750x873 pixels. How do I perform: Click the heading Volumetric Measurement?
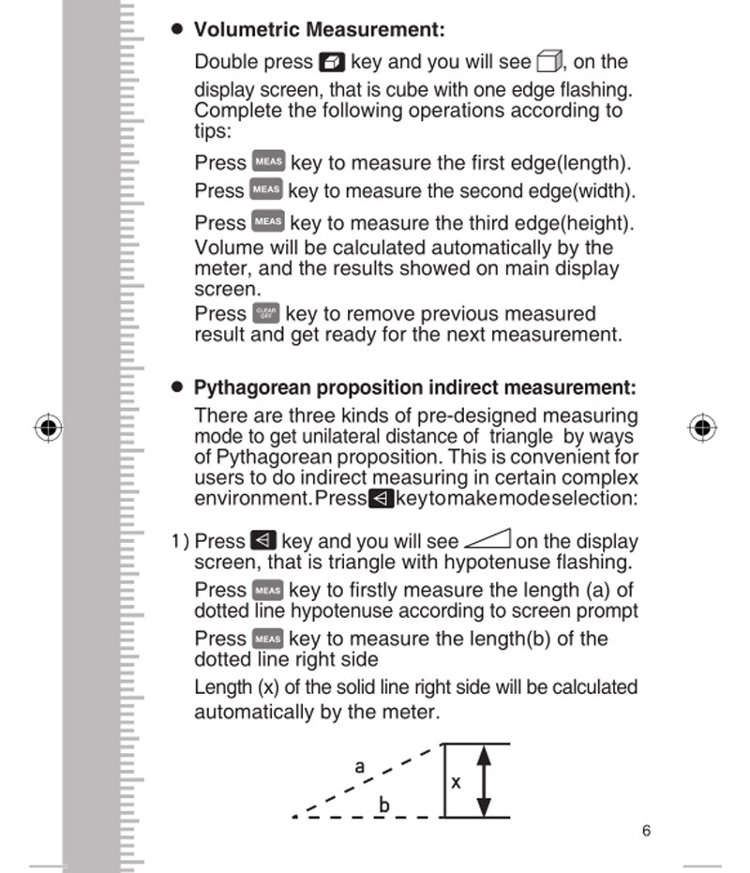pos(319,30)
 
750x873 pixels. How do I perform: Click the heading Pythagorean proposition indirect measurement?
pos(414,387)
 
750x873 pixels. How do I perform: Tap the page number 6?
pos(647,831)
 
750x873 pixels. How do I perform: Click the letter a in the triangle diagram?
pos(359,766)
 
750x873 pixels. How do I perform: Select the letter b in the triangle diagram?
pos(383,805)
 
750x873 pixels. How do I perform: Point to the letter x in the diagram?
pos(457,781)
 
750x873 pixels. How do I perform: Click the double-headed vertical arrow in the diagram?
pos(484,780)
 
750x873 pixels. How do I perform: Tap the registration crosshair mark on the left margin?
pos(48,429)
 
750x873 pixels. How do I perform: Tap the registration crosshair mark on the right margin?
pos(701,429)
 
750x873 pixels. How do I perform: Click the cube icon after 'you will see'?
pos(548,63)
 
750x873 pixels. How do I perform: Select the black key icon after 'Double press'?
pos(332,63)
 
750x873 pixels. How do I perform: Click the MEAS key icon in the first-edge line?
pos(268,162)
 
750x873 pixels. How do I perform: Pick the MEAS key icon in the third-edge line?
pos(268,222)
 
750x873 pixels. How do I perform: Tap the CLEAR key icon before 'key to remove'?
pos(265,313)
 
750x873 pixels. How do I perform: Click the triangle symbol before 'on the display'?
pos(487,540)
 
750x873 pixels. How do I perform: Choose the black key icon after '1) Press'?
pos(262,541)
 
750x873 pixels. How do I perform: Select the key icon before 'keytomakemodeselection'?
pos(380,498)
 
